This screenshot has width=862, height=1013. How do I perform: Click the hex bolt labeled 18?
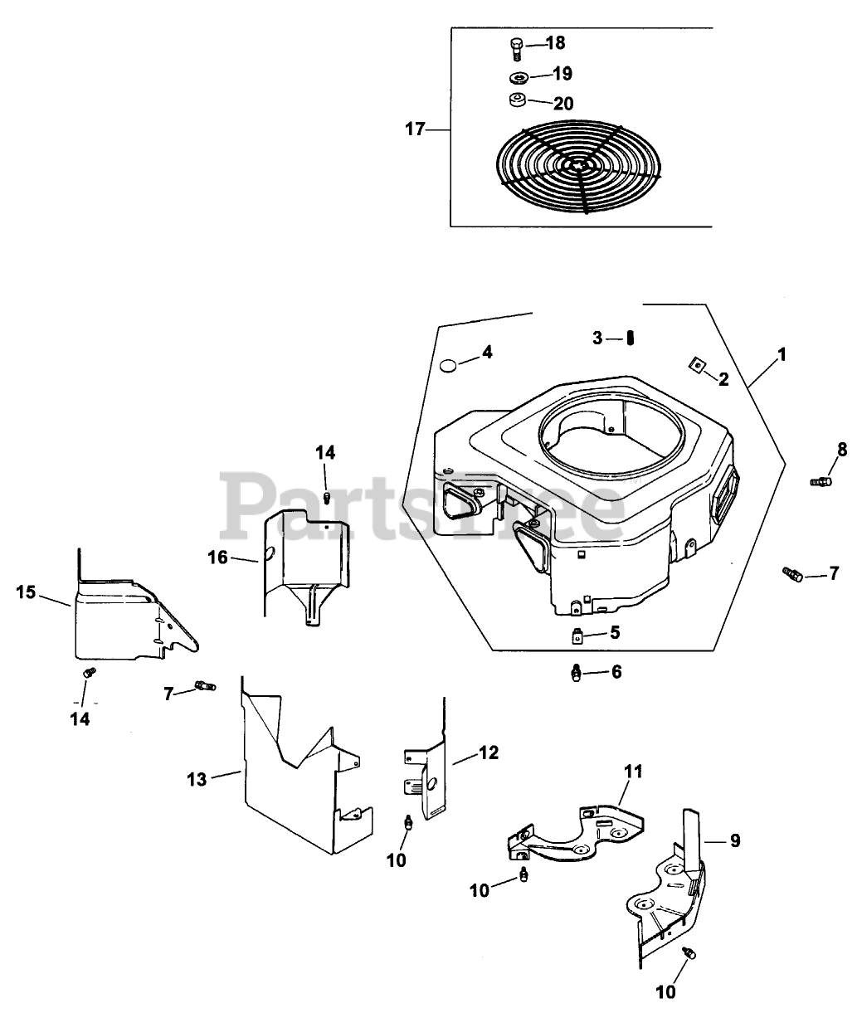tap(516, 48)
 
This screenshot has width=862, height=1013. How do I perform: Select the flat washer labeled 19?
tap(519, 77)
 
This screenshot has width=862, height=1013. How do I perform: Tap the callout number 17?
tap(415, 129)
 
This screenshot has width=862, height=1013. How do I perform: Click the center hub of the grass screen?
tap(579, 167)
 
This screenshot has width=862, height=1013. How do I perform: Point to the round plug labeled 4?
tap(447, 365)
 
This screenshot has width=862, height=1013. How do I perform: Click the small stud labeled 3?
tap(631, 338)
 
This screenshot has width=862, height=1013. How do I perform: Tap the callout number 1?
tap(782, 354)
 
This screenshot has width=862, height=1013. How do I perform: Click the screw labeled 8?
tap(821, 481)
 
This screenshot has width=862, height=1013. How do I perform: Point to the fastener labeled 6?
tap(577, 674)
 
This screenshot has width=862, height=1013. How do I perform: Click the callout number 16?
tap(218, 558)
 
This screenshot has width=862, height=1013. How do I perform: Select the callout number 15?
tap(26, 592)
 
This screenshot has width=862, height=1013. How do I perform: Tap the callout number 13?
tap(197, 779)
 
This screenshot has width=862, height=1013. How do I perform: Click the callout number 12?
tap(489, 752)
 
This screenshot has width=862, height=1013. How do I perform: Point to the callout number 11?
tap(633, 772)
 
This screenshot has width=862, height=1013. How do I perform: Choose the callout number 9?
tap(735, 840)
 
